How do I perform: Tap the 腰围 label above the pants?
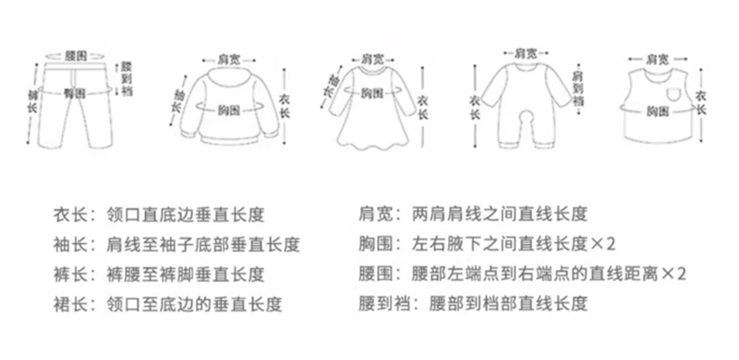click(75, 53)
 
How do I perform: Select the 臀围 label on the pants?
click(74, 94)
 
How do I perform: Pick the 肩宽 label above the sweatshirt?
click(228, 58)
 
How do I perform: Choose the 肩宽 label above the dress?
click(372, 58)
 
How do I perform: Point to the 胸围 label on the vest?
click(659, 110)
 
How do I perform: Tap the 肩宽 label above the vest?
click(658, 58)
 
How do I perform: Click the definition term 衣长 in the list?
click(70, 214)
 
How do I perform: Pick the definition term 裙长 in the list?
click(70, 304)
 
